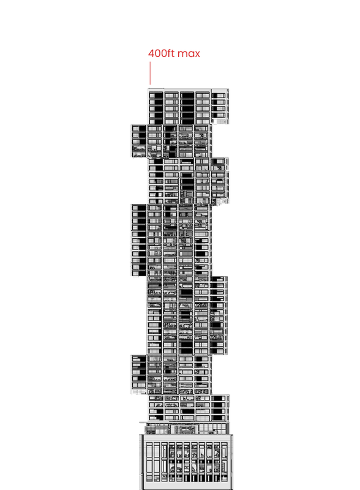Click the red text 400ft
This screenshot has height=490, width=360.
point(162,53)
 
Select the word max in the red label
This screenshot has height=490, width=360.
point(189,54)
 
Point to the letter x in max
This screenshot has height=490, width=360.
point(197,54)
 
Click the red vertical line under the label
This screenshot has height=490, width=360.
point(150,73)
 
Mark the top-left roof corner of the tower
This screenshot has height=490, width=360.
point(148,89)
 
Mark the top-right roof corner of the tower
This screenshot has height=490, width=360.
point(228,89)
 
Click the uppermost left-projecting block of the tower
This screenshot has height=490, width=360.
point(139,141)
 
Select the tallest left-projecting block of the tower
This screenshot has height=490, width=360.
point(139,240)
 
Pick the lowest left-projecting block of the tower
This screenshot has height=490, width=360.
point(139,374)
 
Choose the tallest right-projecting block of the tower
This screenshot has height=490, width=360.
point(219,315)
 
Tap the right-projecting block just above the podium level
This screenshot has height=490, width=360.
point(220,408)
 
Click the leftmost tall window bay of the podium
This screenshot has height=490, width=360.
point(149,462)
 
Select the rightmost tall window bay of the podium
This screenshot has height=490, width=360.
point(224,462)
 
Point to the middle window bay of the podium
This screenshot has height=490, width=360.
point(187,462)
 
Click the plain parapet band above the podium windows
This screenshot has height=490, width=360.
point(187,438)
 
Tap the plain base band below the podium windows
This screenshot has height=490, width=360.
point(187,486)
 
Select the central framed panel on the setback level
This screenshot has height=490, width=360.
point(184,429)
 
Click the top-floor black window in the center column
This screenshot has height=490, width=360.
point(187,96)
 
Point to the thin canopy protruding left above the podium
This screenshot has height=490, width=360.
point(143,423)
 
